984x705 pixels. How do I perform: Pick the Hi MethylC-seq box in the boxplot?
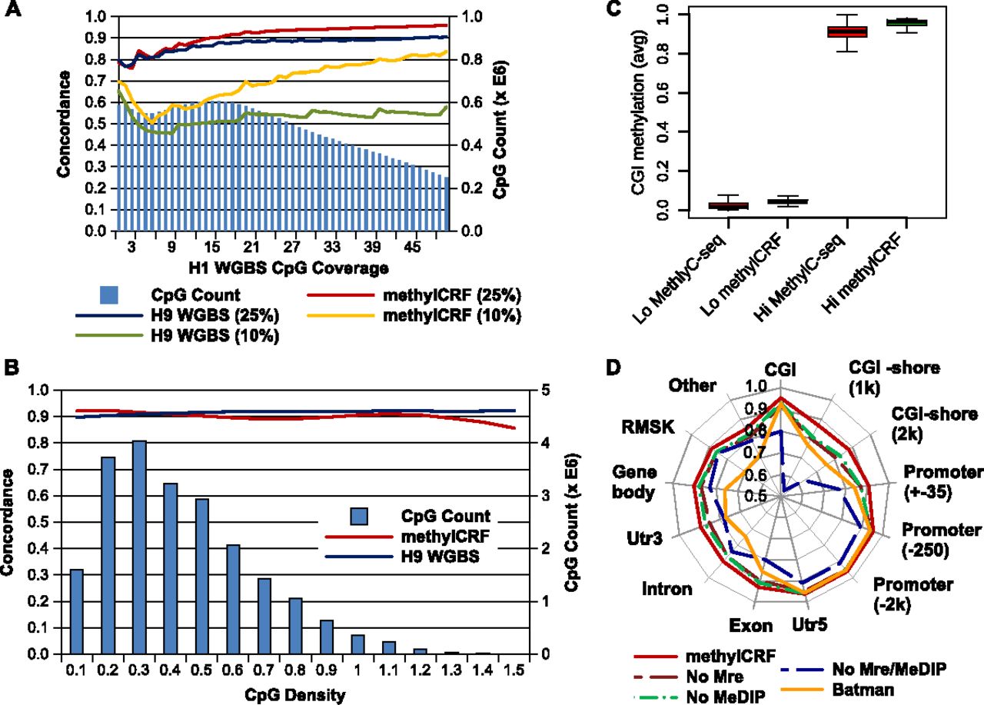846,32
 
